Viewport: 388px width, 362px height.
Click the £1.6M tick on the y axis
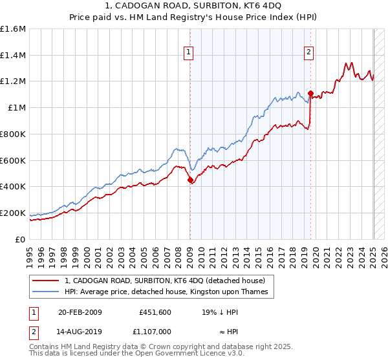(x=12, y=29)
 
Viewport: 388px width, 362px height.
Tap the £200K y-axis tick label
(x=12, y=213)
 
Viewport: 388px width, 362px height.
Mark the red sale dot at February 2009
(x=190, y=180)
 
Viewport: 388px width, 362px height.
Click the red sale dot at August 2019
(x=310, y=94)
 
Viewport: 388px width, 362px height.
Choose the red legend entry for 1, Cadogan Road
(x=165, y=281)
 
